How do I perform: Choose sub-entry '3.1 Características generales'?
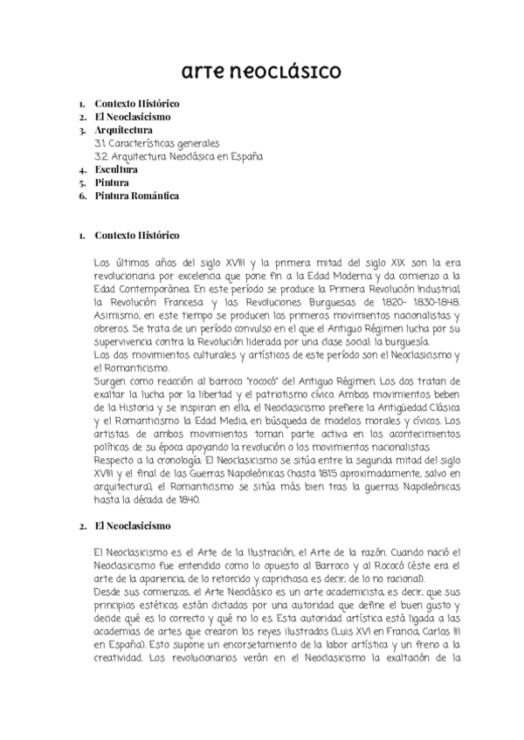(157, 143)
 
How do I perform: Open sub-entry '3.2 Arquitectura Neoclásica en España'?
(179, 156)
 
